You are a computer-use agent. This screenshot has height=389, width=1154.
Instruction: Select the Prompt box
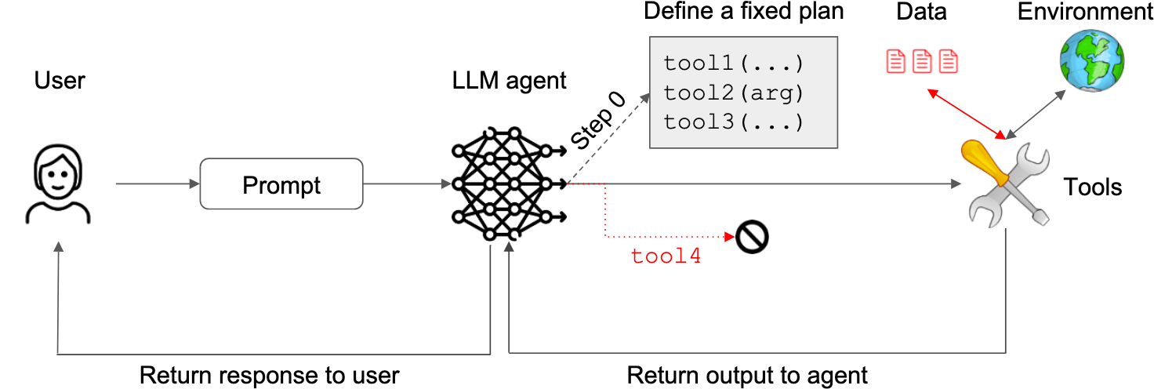tap(281, 184)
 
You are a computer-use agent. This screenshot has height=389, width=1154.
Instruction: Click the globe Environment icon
tap(1092, 60)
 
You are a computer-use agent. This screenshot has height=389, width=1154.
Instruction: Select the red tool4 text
tap(666, 256)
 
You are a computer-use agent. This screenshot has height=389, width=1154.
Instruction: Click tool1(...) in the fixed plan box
tap(734, 63)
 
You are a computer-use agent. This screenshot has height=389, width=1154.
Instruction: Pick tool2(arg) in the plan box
tap(734, 93)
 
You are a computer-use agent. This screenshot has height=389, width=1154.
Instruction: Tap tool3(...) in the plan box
tap(734, 122)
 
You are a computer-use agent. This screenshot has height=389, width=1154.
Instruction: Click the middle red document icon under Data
tap(922, 60)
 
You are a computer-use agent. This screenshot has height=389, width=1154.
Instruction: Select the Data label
tap(921, 12)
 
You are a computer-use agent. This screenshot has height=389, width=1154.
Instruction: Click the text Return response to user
tap(269, 375)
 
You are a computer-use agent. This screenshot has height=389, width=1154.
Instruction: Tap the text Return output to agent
tap(747, 375)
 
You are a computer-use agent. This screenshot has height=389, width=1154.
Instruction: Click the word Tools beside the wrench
tap(1092, 187)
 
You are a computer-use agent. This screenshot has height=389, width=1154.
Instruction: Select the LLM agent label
tap(509, 80)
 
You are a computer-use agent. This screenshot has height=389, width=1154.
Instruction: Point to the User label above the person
tap(60, 80)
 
